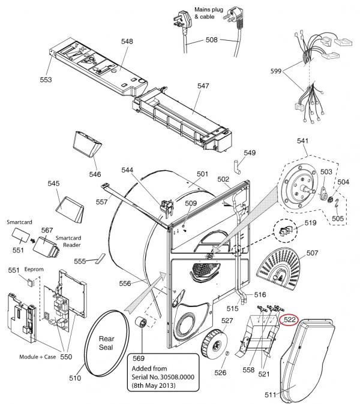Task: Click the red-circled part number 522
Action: point(289,319)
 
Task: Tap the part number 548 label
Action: point(127,41)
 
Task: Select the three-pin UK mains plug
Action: point(183,20)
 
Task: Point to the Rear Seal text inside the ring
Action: point(106,343)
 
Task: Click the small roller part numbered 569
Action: point(141,323)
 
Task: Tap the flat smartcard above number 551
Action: point(20,234)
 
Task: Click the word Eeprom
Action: point(34,269)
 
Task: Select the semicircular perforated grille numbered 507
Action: point(278,268)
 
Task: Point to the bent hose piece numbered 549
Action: point(237,167)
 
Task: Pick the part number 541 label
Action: point(302,141)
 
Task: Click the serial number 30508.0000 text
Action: point(177,377)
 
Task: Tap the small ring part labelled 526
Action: point(227,353)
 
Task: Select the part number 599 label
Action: point(275,71)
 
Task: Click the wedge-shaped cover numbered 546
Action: point(87,144)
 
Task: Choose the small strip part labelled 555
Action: point(100,259)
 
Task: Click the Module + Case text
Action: point(38,357)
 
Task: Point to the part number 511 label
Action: point(270,395)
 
